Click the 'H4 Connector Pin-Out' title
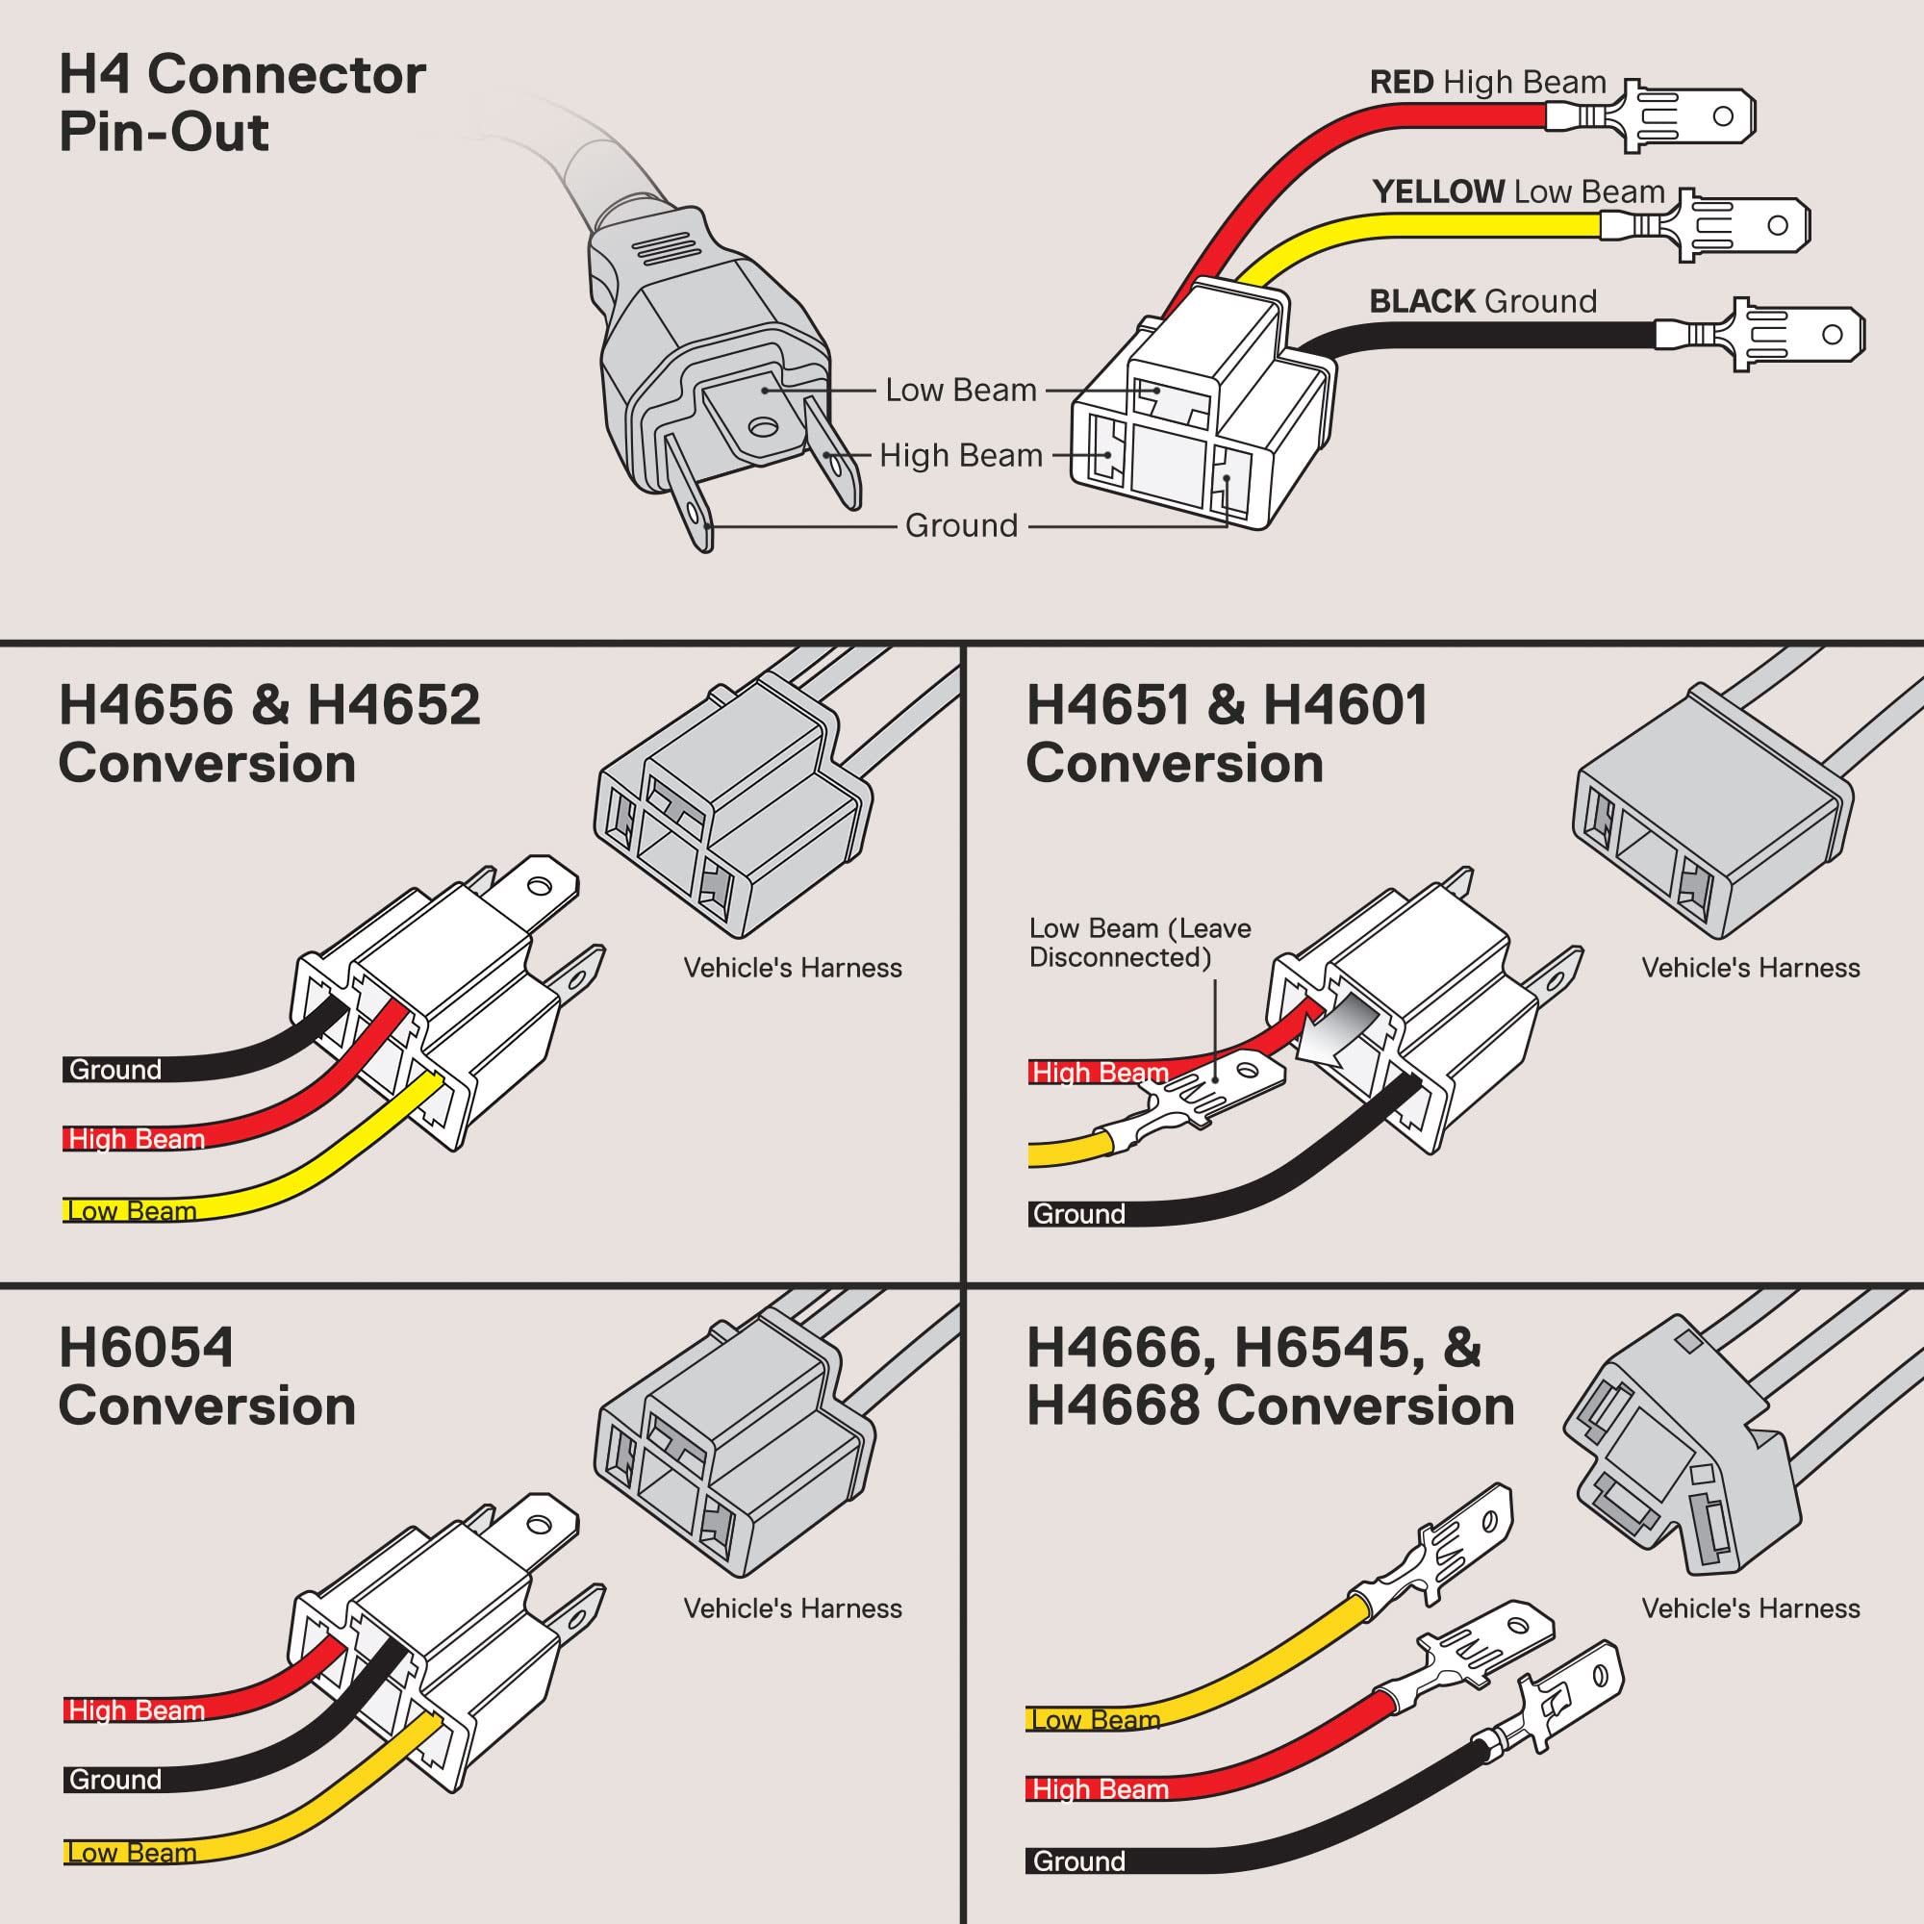pos(242,103)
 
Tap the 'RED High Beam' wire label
pos(1488,82)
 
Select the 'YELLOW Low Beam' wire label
pos(1518,191)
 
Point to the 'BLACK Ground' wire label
pos(1482,301)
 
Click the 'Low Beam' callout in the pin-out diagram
pos(961,391)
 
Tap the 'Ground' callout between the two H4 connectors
pos(961,526)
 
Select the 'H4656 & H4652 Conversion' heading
pos(269,734)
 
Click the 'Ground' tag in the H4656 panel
pos(114,1070)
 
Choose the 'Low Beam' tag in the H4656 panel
pos(132,1211)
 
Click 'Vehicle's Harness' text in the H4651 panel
pos(1750,968)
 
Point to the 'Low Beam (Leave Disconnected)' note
pos(1139,942)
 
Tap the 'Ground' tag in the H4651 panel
pos(1078,1214)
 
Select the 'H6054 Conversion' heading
pos(206,1377)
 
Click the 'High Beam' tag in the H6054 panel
pos(136,1709)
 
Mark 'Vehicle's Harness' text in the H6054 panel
pos(792,1608)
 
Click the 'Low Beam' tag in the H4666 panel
pos(1095,1719)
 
